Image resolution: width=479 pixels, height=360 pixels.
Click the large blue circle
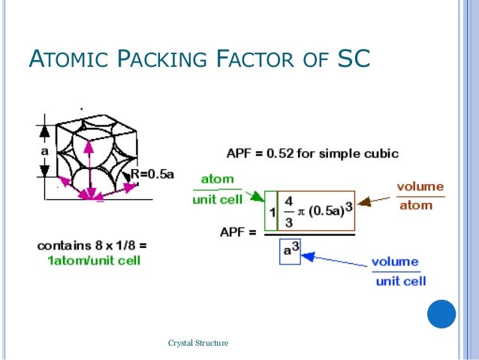coord(441,313)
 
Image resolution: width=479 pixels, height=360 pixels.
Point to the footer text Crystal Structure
coord(199,343)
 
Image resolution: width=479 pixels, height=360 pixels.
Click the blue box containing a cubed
coord(288,250)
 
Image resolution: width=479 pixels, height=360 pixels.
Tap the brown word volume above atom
coord(420,187)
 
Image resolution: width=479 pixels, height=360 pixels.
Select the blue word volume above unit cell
coord(395,262)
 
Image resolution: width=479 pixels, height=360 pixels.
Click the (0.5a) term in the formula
coord(326,211)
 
